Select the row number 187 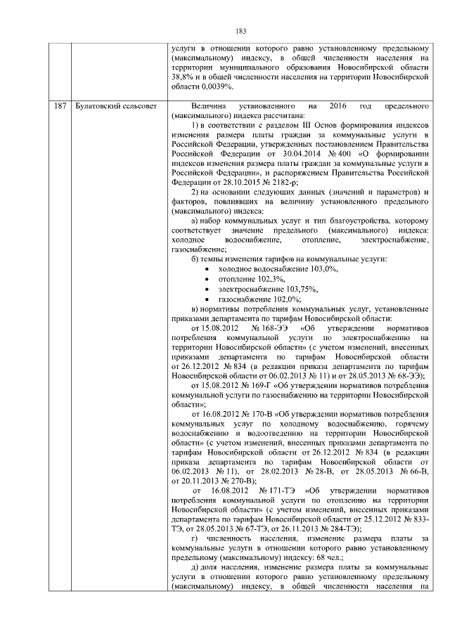tap(60, 105)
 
